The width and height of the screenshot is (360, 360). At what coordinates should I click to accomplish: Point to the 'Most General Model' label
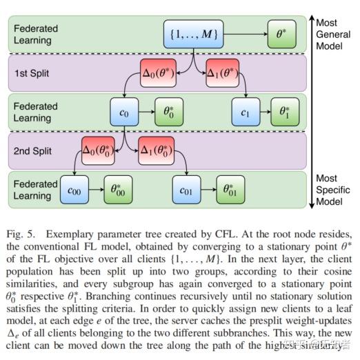(x=334, y=32)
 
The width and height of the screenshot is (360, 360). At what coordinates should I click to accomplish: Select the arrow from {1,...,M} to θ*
(x=246, y=32)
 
